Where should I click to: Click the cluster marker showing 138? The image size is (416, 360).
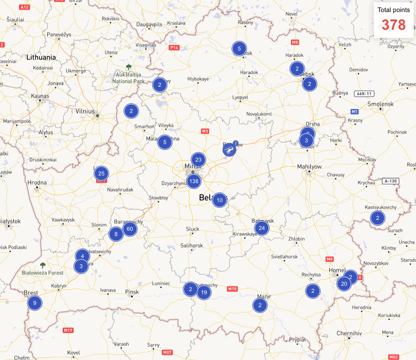click(x=194, y=182)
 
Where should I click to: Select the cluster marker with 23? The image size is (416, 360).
click(x=198, y=160)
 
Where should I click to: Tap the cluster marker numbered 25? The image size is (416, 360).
click(x=101, y=172)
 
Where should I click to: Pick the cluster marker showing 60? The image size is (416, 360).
click(x=130, y=229)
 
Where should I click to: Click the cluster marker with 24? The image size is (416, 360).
click(x=262, y=228)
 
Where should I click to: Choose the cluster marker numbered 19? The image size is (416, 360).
click(x=203, y=292)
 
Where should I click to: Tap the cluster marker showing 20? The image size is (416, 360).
click(x=344, y=283)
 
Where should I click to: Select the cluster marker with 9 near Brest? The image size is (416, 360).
click(x=34, y=303)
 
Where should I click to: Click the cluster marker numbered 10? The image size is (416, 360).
click(x=219, y=200)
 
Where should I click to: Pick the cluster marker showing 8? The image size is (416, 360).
click(x=116, y=234)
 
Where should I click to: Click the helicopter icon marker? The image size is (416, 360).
click(x=229, y=150)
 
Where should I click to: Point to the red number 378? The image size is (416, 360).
click(x=394, y=25)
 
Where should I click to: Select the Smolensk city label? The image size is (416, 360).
click(x=380, y=103)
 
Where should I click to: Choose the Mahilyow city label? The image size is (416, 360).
click(x=309, y=167)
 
